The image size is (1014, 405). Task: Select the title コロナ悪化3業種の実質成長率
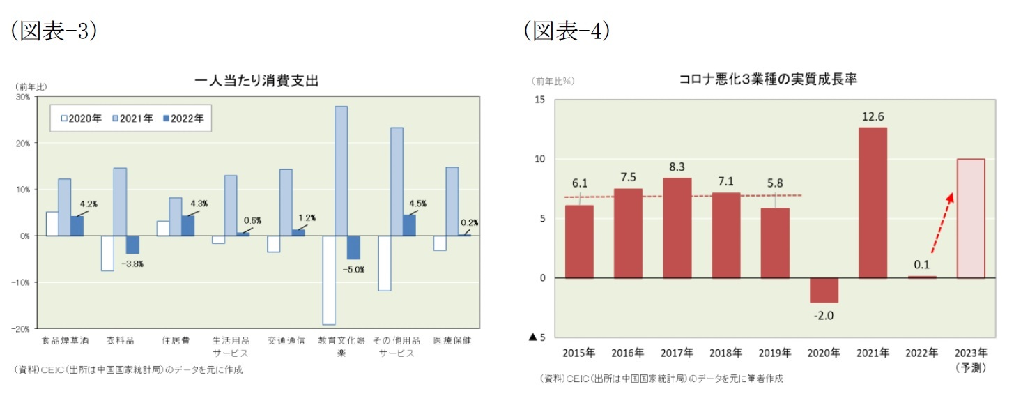[767, 80]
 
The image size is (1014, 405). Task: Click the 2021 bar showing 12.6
[873, 202]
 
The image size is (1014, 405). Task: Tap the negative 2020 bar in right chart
[824, 290]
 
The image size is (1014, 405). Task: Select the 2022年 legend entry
[184, 119]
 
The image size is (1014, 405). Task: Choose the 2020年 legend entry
[81, 119]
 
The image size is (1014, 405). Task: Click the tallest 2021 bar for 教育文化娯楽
[341, 171]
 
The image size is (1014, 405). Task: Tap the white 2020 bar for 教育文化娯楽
[328, 280]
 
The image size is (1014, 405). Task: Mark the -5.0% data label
[353, 270]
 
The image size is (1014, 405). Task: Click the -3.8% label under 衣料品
[132, 264]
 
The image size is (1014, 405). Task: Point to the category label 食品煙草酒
[65, 341]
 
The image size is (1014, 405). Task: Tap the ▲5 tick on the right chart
[536, 337]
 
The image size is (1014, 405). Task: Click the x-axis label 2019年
[774, 353]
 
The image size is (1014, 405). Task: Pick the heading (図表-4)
[567, 31]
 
